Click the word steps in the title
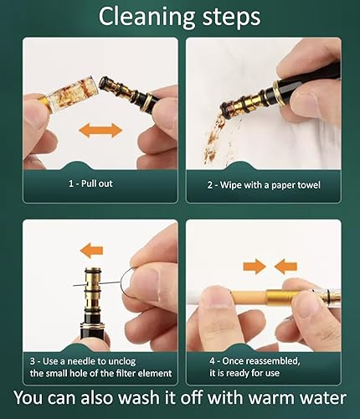[x=229, y=17]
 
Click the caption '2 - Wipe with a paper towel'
[x=265, y=184]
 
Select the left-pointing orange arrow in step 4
[x=285, y=266]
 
